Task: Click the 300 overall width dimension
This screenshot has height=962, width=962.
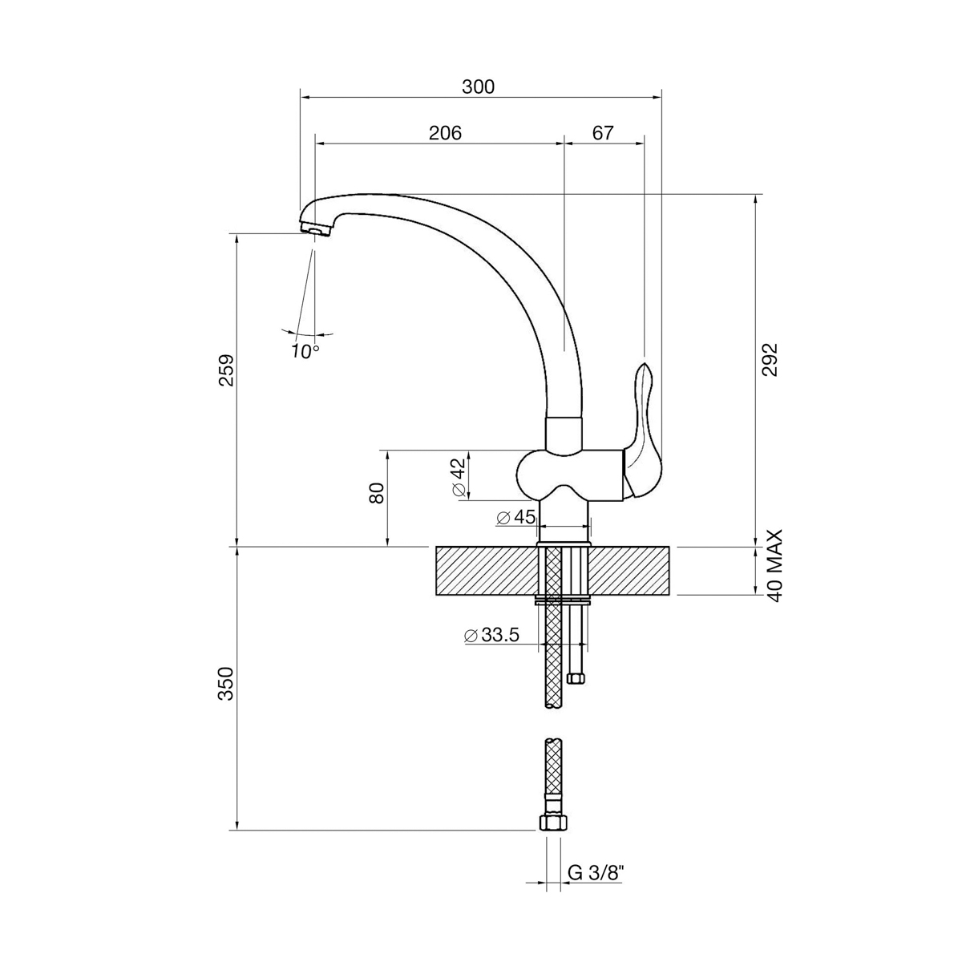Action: coord(478,87)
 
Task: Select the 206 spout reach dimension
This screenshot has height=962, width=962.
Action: coord(445,133)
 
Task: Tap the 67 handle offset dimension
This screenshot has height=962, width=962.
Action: coord(603,133)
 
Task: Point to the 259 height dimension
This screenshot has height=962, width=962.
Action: coord(226,370)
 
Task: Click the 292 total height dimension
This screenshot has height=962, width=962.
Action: coord(770,359)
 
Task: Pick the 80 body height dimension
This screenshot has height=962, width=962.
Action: coord(378,493)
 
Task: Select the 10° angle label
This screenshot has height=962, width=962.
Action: coord(305,351)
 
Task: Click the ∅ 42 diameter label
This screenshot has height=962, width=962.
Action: coord(459,476)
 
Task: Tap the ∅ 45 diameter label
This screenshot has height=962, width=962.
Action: coord(516,517)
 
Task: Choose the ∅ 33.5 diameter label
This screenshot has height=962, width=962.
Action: coord(491,634)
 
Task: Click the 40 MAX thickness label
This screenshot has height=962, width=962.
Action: coord(774,566)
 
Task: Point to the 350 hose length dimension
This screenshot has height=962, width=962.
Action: coord(226,684)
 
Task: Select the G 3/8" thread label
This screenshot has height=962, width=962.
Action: coord(596,873)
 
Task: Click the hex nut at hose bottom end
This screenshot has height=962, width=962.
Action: coord(554,823)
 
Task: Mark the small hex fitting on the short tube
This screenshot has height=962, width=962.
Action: coord(576,678)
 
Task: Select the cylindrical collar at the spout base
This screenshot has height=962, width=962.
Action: coord(564,434)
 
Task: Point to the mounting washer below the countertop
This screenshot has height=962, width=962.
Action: coord(563,600)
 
